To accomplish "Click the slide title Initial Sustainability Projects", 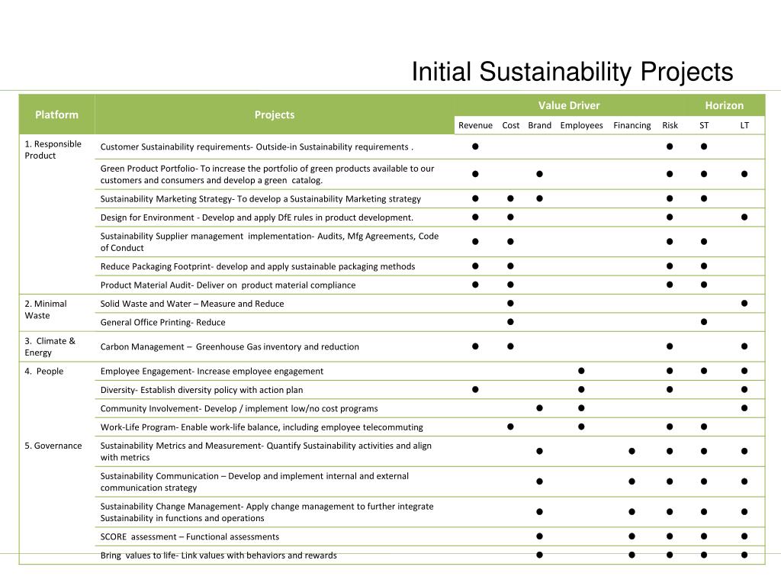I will (x=572, y=72).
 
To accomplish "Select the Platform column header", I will (x=56, y=114).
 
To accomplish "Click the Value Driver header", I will (x=569, y=105).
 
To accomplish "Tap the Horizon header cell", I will (x=724, y=105).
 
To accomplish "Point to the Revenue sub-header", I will (x=475, y=125).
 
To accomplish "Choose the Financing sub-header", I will (x=632, y=125).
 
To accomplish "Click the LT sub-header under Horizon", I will (x=744, y=125).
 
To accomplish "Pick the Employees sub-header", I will (x=581, y=125).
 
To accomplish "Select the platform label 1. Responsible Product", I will (x=53, y=150).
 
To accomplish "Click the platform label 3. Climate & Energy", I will (x=50, y=346).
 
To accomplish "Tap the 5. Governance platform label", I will (x=53, y=446).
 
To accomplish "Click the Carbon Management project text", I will (x=230, y=346).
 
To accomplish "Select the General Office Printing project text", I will (x=162, y=322).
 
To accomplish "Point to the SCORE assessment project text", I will (x=190, y=536).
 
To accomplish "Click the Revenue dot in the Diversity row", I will (x=474, y=390).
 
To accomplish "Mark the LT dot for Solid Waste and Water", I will (x=744, y=304).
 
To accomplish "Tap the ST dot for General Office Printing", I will (x=704, y=322).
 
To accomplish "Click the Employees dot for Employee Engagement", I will (x=581, y=371).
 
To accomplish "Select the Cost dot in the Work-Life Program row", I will (x=510, y=427).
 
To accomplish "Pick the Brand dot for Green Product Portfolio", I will (x=539, y=174).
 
